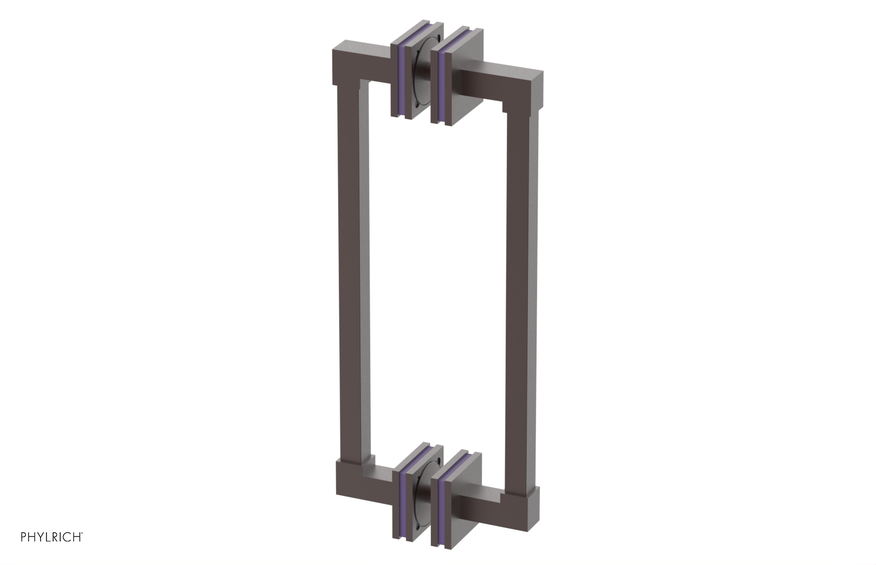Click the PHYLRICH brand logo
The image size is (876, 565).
tap(51, 537)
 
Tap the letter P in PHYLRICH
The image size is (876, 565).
tap(24, 537)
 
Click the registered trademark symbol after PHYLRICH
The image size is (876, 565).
tap(82, 533)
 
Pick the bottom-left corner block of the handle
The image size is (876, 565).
tap(347, 480)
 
